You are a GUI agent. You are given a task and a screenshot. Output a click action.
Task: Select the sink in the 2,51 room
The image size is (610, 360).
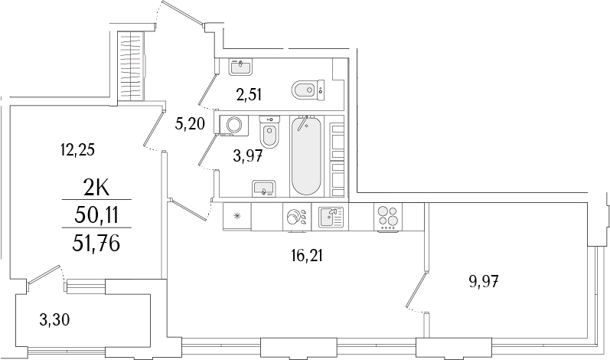tap(241, 67)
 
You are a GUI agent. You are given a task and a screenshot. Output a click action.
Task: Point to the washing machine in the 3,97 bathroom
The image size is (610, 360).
tap(231, 125)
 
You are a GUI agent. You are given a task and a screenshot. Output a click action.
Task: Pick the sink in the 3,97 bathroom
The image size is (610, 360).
tap(264, 188)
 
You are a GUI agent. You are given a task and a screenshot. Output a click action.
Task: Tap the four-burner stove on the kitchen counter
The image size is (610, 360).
tap(387, 217)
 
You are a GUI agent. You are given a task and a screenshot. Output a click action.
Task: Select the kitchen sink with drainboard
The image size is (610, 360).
tap(331, 217)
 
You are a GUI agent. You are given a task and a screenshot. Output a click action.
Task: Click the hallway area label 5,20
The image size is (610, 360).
tap(190, 124)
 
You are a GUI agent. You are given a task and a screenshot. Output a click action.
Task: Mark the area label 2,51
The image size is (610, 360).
tap(250, 97)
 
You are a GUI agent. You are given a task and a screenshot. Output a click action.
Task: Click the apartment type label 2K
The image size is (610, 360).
tap(96, 188)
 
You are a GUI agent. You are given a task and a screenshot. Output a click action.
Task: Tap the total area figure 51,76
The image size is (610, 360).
tap(96, 244)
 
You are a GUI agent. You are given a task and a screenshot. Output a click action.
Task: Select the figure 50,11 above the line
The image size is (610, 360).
tap(96, 215)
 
